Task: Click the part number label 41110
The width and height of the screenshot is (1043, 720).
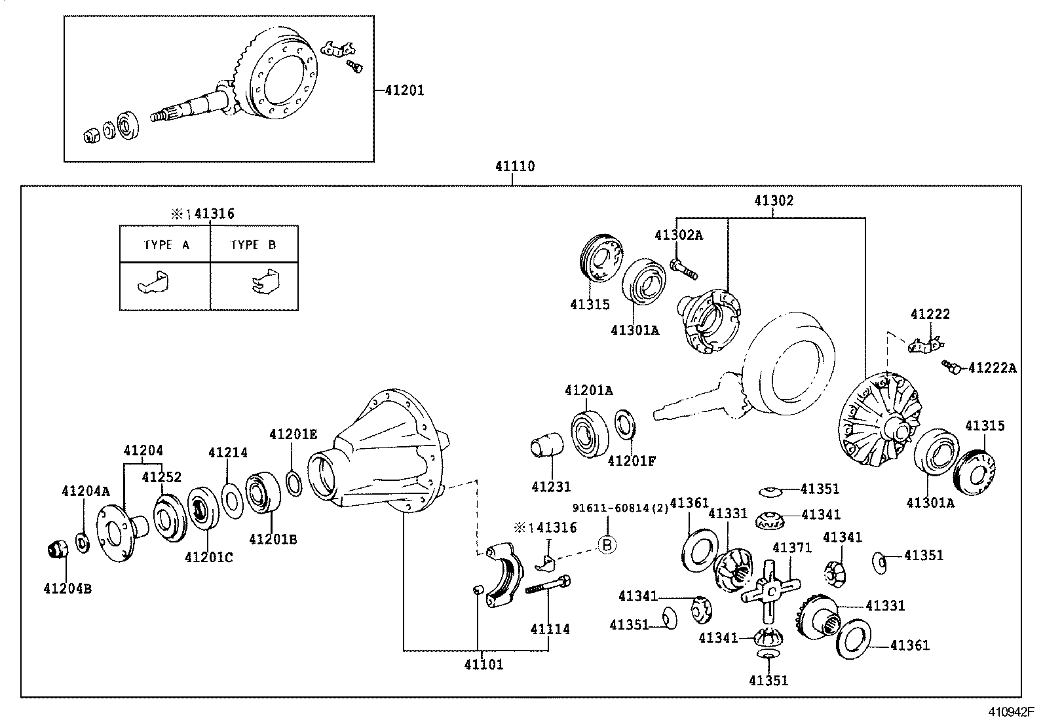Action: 514,166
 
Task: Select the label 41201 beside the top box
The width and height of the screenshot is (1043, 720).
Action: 404,90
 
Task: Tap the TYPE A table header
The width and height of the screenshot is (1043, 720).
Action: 166,245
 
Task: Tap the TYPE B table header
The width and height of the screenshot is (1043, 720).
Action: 253,245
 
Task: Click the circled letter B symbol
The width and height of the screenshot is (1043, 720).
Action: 607,544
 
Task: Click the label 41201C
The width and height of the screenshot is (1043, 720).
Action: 208,557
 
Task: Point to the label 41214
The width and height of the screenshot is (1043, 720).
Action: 228,452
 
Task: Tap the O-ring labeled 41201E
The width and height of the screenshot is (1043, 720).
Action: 294,484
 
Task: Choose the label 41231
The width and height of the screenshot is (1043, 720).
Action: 551,487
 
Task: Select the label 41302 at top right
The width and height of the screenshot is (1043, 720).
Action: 773,200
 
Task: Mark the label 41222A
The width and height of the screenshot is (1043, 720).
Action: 992,368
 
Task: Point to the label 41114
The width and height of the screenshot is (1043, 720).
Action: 550,629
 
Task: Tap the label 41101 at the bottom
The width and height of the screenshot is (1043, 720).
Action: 484,664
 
